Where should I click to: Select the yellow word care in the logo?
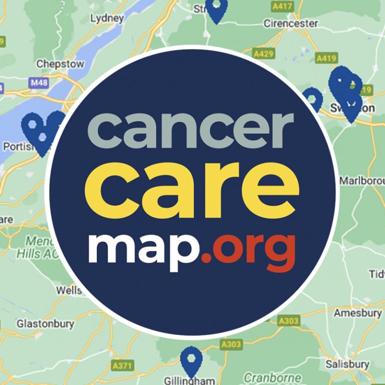pyautogui.click(x=192, y=185)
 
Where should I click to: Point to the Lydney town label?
pyautogui.click(x=107, y=19)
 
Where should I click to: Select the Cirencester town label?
pyautogui.click(x=291, y=24)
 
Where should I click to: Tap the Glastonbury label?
pyautogui.click(x=45, y=324)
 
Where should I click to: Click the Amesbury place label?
pyautogui.click(x=357, y=313)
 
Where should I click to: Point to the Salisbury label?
pyautogui.click(x=347, y=364)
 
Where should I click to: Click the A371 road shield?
pyautogui.click(x=122, y=366)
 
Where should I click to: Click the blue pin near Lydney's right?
pyautogui.click(x=217, y=10)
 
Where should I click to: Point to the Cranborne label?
pyautogui.click(x=273, y=377)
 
